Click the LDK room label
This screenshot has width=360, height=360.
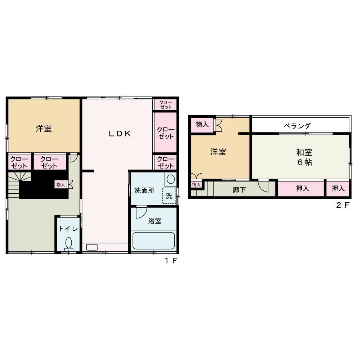click(x=120, y=134)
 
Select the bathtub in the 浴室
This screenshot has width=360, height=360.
click(x=154, y=240)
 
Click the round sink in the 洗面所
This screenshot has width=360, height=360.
click(x=171, y=179)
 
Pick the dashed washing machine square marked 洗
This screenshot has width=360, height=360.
click(x=169, y=195)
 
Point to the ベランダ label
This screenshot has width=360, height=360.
click(x=297, y=126)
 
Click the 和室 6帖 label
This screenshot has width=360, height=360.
click(x=304, y=157)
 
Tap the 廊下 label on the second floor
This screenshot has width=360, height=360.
click(x=239, y=190)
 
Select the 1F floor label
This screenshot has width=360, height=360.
click(x=171, y=261)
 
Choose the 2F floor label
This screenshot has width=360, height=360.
click(x=343, y=205)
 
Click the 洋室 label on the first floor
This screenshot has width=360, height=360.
click(x=44, y=129)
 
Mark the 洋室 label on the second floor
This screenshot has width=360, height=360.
click(x=218, y=152)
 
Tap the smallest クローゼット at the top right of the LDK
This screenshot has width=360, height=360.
click(x=166, y=104)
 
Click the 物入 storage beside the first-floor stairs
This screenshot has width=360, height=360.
click(x=60, y=184)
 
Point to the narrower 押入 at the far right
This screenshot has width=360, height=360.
click(x=338, y=189)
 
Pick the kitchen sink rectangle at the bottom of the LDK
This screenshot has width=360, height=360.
click(x=92, y=247)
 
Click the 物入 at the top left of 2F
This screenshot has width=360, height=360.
click(x=202, y=125)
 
